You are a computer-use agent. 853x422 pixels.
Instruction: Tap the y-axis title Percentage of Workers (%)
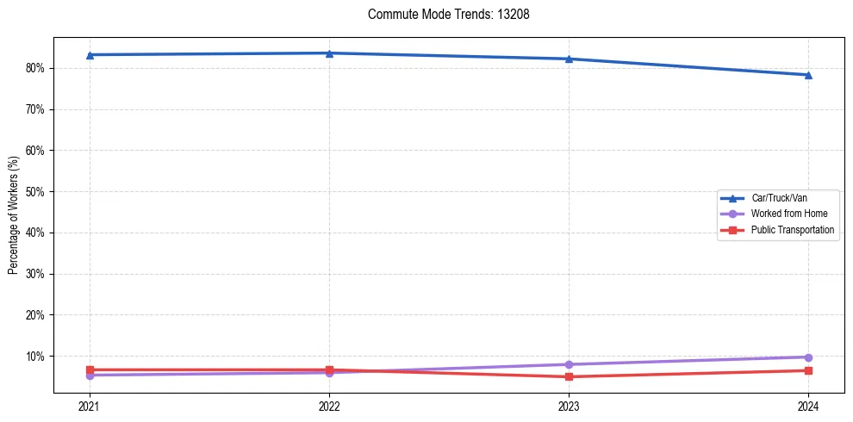14,215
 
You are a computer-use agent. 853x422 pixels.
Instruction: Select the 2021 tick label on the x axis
89,406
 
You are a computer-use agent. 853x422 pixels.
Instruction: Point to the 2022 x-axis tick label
329,406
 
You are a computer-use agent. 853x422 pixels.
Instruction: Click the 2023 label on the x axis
569,406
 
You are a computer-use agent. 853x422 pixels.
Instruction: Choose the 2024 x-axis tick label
808,406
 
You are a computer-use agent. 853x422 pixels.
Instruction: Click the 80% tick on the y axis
34,68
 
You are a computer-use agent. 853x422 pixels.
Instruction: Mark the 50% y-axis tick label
34,191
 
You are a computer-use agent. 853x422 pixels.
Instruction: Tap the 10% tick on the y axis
34,357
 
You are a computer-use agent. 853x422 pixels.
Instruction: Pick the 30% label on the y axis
34,274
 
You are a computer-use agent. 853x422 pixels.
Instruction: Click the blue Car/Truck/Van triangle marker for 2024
808,75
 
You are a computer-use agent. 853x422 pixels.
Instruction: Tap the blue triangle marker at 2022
329,53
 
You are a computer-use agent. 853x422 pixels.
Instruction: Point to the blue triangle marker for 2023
569,59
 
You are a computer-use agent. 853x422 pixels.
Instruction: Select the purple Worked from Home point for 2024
808,357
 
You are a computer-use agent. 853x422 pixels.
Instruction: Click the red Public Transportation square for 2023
569,376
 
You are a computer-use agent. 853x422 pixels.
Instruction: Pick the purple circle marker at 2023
569,364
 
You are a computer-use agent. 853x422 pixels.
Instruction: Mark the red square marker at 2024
808,370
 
